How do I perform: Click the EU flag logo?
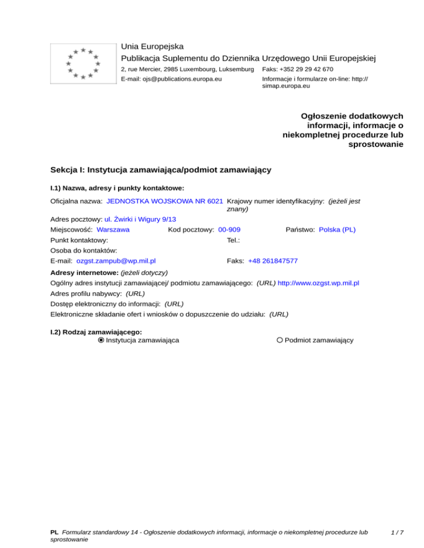[82, 63]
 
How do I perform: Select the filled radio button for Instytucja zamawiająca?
[101, 340]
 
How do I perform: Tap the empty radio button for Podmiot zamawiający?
[280, 340]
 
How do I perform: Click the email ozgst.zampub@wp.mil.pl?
[116, 261]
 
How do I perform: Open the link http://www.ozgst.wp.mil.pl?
[319, 283]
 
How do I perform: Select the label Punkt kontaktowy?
[79, 240]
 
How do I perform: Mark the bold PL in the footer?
[54, 533]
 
